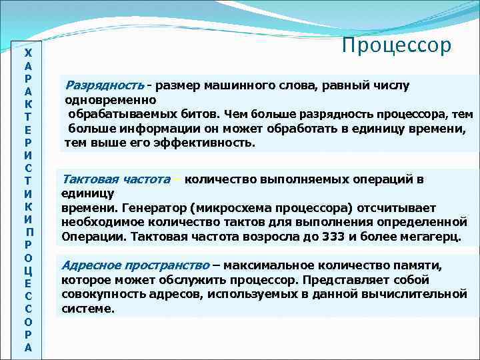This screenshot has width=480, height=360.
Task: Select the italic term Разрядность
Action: pyautogui.click(x=104, y=86)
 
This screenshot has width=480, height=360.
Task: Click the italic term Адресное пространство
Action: pyautogui.click(x=136, y=265)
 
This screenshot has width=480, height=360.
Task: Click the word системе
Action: pyautogui.click(x=88, y=309)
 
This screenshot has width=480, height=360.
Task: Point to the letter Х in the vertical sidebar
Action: pyautogui.click(x=27, y=52)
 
